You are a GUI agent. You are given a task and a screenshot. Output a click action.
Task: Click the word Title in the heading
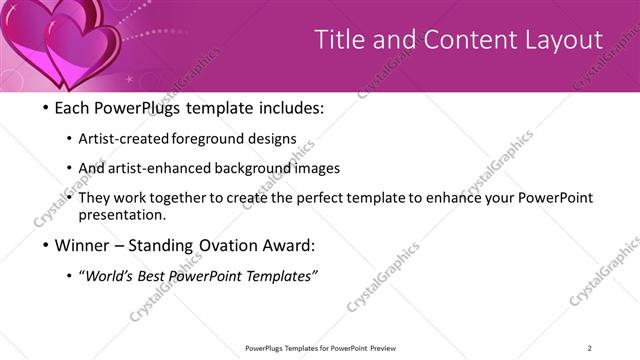click(x=340, y=40)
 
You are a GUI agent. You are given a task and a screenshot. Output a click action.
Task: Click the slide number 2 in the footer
click(x=589, y=348)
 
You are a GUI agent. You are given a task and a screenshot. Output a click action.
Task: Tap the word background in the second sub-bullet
click(x=249, y=168)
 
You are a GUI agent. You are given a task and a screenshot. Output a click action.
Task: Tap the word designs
click(x=272, y=138)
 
